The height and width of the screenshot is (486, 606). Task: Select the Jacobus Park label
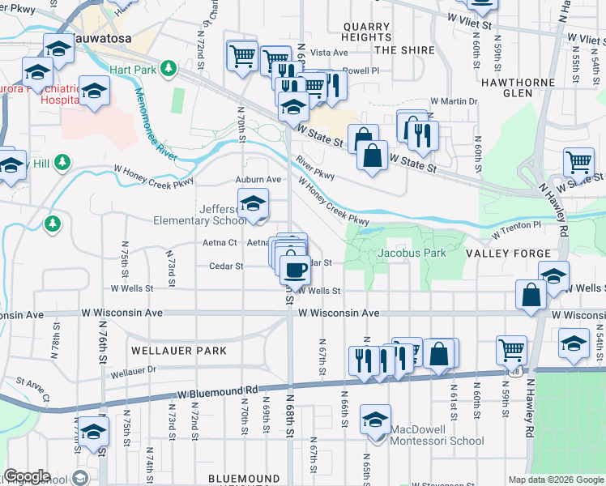pos(411,253)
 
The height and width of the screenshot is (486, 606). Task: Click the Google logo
pos(26,476)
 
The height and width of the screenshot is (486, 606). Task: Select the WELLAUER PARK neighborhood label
pos(177,351)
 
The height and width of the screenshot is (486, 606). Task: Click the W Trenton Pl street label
pos(516,225)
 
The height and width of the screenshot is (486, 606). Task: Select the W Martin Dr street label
pos(454,101)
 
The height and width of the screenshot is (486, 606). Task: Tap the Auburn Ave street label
pos(258,179)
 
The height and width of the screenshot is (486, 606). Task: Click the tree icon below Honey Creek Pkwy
pos(53,222)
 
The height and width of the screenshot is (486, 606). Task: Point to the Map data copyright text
pos(555,480)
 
